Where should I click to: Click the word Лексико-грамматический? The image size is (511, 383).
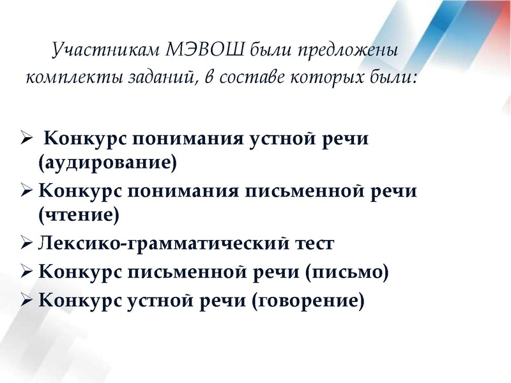(x=161, y=244)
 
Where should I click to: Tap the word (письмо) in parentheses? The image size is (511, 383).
(x=347, y=272)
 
